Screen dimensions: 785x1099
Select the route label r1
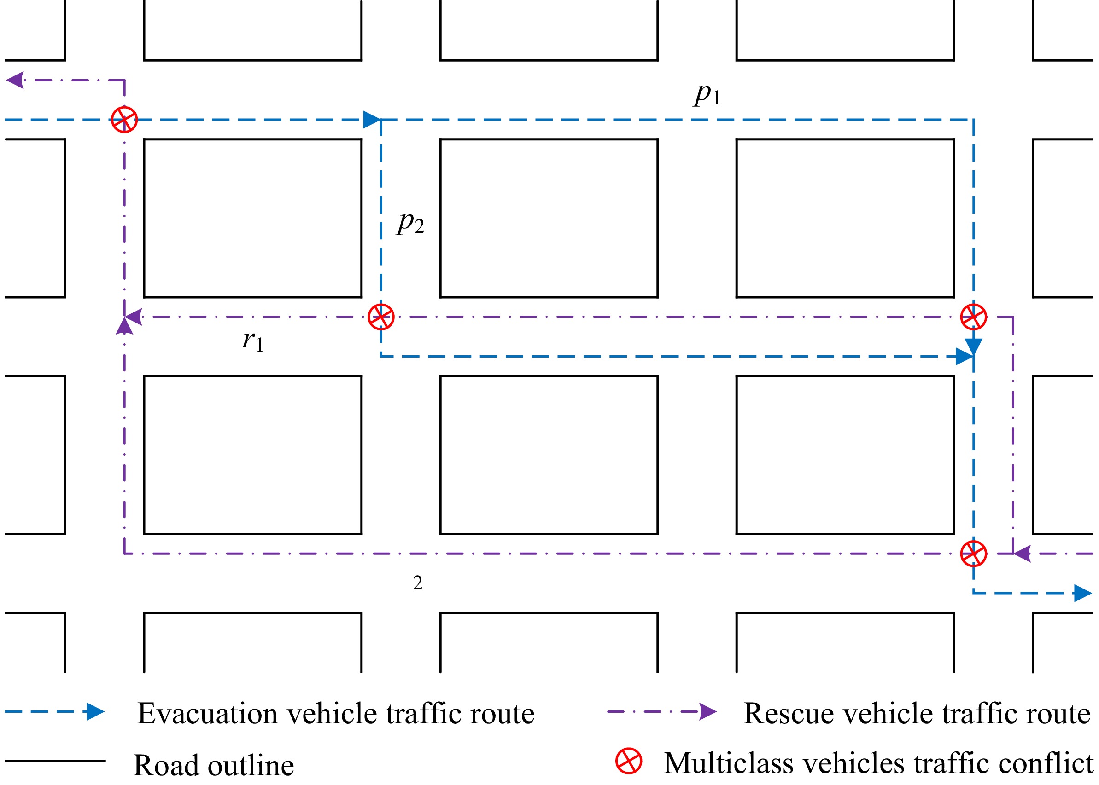tap(252, 341)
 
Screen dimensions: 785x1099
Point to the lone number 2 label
tap(417, 583)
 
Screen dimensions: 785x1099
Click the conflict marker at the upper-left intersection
tap(124, 119)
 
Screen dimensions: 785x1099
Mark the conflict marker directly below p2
tap(381, 317)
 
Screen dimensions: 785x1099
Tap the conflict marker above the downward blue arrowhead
tap(973, 317)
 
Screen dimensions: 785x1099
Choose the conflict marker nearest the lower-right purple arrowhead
tap(973, 554)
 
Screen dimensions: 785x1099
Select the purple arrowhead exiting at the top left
tap(16, 80)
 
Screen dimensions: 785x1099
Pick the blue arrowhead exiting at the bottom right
tap(1081, 593)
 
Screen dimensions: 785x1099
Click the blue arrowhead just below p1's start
tap(372, 119)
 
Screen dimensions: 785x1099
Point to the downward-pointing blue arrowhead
tap(973, 346)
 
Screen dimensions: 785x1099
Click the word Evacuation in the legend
tap(207, 714)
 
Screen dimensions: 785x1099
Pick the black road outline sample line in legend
tap(55, 761)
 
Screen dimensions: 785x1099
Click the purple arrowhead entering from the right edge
tap(1022, 554)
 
